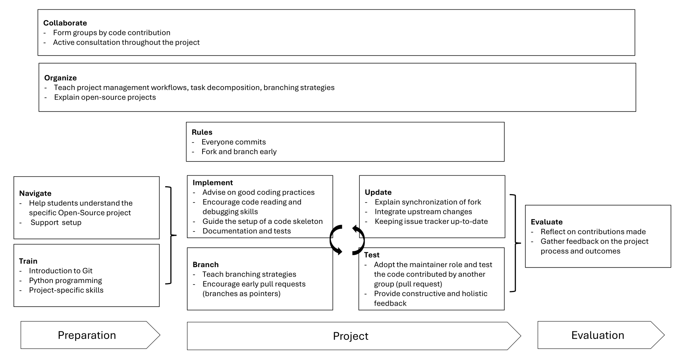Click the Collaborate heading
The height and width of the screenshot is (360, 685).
[x=65, y=23]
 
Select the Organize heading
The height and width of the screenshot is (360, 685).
[x=60, y=78]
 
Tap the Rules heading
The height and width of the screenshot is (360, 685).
[x=202, y=132]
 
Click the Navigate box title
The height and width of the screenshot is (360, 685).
[x=35, y=193]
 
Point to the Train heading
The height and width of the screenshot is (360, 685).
[x=28, y=261]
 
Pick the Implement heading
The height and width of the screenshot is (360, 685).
[x=212, y=183]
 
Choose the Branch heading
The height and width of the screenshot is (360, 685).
[x=205, y=264]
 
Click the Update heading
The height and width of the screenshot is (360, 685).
[x=378, y=192]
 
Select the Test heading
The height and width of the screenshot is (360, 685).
[x=372, y=255]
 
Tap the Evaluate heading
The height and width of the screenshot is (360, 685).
[x=546, y=222]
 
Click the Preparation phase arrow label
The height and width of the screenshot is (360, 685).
[x=87, y=335]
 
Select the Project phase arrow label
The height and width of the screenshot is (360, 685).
[x=350, y=336]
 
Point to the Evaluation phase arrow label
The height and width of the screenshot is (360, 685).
[x=598, y=335]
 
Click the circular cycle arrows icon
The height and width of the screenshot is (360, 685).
[x=347, y=240]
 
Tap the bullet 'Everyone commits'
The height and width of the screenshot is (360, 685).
[x=233, y=142]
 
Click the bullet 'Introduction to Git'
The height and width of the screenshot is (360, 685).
[x=60, y=271]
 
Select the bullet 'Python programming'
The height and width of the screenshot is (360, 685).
[x=65, y=281]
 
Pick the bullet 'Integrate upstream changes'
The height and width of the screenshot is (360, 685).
[x=423, y=212]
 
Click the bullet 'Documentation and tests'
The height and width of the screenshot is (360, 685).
[x=246, y=231]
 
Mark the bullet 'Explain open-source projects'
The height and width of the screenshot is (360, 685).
[x=105, y=97]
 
